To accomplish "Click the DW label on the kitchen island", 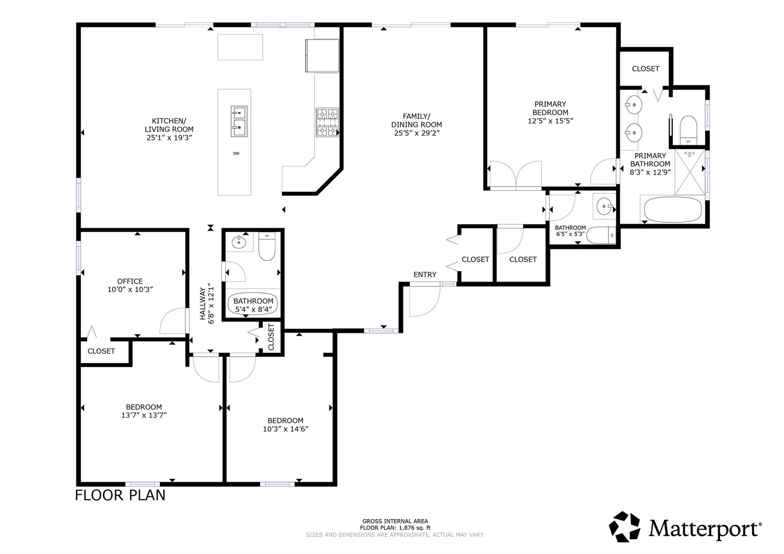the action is point(236,154).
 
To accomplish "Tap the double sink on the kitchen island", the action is point(239,121).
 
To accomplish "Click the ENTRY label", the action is point(425,275).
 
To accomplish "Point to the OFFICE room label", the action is point(130,281).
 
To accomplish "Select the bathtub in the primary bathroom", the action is point(673,209).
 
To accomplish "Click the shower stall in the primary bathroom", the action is point(689,172).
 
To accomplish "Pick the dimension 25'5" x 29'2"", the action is point(416,133).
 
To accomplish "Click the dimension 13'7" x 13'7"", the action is point(144,415).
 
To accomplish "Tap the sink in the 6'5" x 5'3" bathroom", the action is point(604,206).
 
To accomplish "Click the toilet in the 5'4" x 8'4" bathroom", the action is point(267,247).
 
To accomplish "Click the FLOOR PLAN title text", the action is point(120,495).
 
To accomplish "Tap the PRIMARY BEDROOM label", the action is point(550,108).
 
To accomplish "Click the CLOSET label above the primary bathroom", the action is point(645,69).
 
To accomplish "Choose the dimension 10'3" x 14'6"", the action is point(286,429).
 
